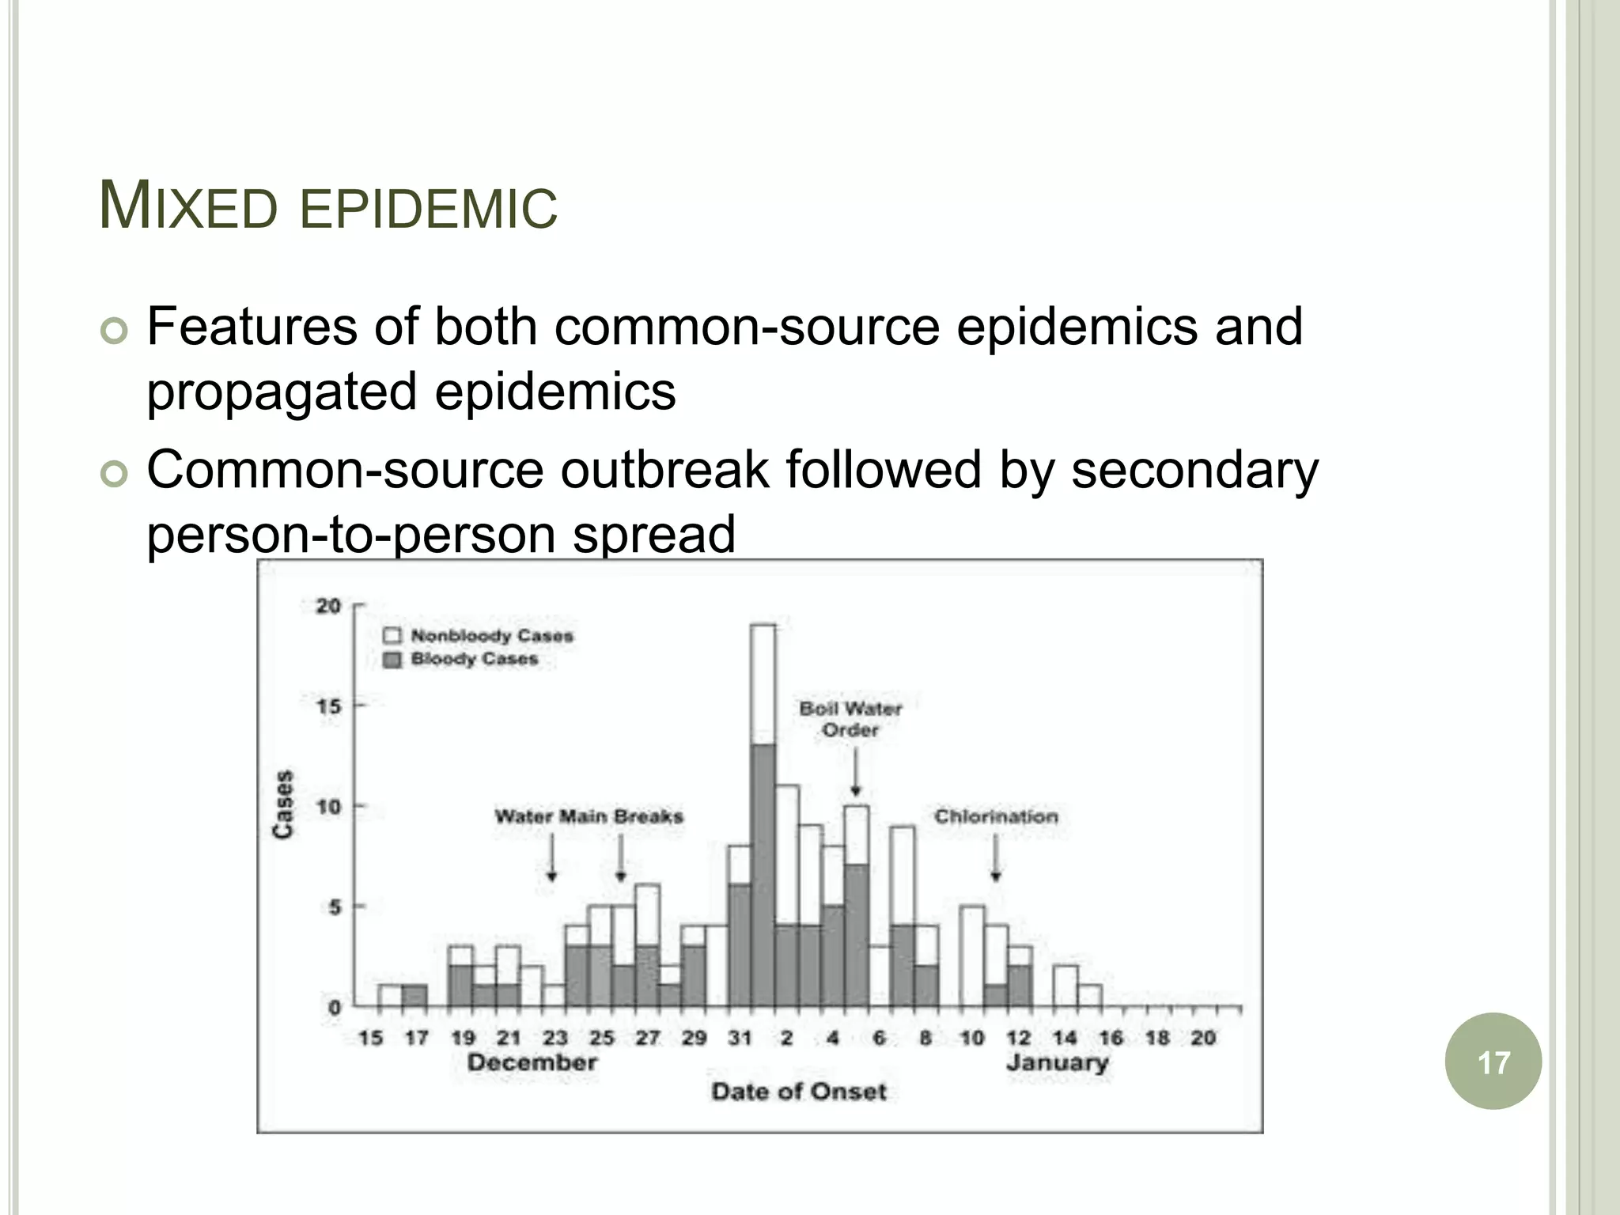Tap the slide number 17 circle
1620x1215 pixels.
click(1493, 1062)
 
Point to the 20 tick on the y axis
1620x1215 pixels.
click(328, 607)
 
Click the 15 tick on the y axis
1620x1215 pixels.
click(328, 706)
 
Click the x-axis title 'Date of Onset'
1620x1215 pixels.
click(799, 1092)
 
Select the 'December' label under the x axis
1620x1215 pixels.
click(532, 1062)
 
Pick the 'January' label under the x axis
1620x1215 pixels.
click(1057, 1062)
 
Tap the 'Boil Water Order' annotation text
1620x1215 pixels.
click(850, 719)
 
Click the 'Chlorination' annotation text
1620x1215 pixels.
click(996, 816)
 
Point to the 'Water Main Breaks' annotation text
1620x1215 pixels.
click(589, 816)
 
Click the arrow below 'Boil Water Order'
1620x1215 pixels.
click(855, 772)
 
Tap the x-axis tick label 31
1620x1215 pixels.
click(740, 1038)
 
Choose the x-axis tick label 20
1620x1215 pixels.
click(1203, 1038)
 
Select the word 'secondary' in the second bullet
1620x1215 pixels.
click(1194, 470)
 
